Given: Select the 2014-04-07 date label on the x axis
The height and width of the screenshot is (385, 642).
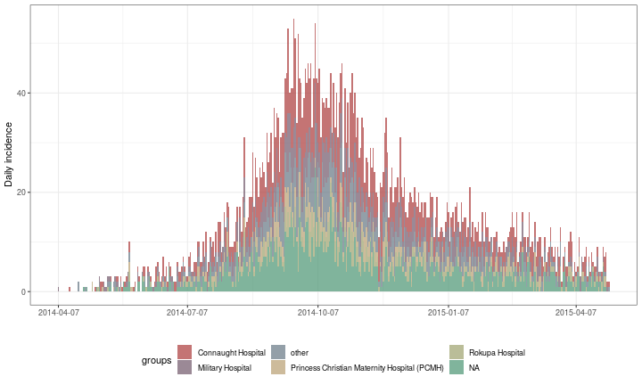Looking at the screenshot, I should [x=57, y=313].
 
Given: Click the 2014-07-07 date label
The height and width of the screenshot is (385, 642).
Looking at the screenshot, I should [x=187, y=313].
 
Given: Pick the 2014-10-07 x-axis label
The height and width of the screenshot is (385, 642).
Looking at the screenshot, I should [x=317, y=313].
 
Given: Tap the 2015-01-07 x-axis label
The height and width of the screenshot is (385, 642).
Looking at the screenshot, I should [x=448, y=313].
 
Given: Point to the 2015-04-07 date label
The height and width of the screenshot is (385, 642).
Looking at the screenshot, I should [x=576, y=313].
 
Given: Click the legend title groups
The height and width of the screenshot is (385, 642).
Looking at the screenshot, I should [x=156, y=360].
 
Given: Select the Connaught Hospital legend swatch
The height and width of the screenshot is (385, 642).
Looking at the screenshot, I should [x=185, y=353].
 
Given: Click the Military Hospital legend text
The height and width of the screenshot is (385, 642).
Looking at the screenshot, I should [x=224, y=367].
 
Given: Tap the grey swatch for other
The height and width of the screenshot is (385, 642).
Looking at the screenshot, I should [x=278, y=353].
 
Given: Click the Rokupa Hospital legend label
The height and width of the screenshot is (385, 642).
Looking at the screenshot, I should [x=498, y=353].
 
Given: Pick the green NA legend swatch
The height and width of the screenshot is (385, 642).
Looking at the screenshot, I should [x=457, y=367].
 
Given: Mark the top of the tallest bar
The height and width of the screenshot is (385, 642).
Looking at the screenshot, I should [x=293, y=20].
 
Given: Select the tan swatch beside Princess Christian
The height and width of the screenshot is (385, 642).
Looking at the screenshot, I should [x=278, y=367].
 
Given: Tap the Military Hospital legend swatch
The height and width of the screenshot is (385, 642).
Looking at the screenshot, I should [x=185, y=367].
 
